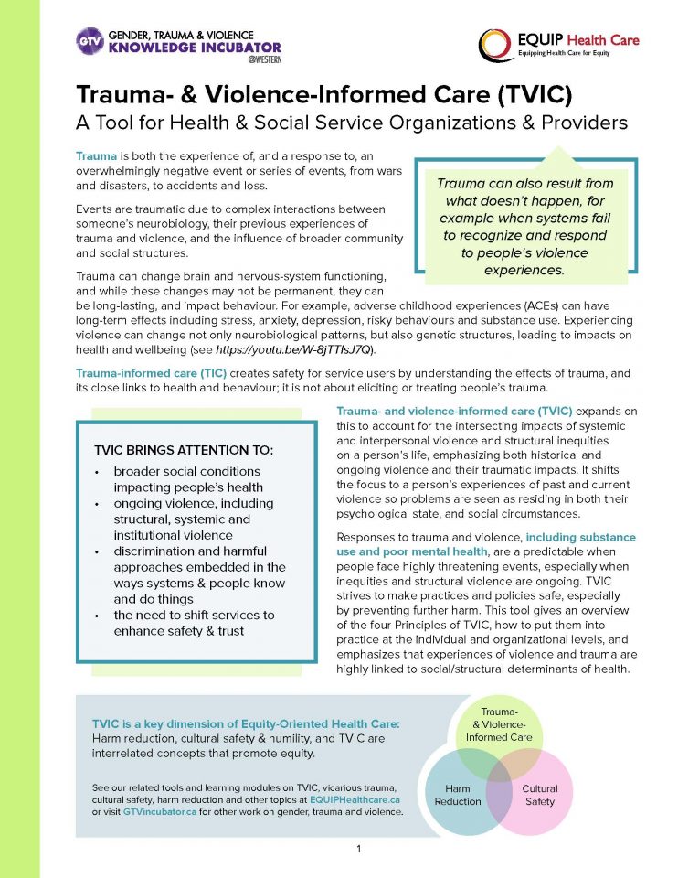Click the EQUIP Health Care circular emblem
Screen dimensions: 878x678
point(498,44)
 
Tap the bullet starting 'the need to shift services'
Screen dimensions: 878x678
point(194,616)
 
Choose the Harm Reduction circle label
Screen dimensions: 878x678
point(457,795)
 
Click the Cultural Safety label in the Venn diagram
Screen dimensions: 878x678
point(539,795)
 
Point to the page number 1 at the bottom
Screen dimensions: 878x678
point(359,850)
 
